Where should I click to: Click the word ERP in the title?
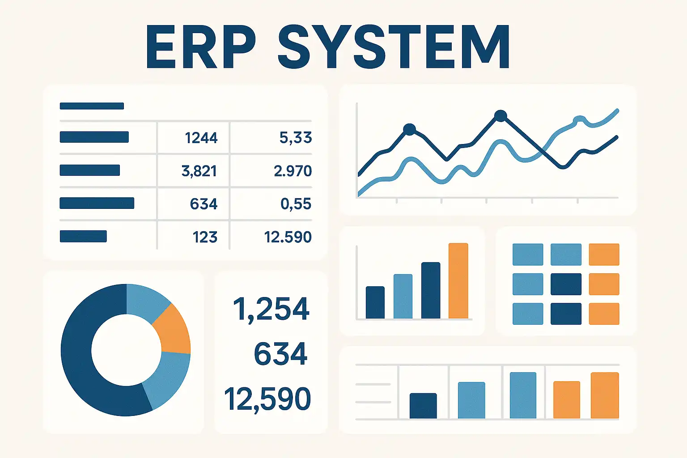tap(201, 47)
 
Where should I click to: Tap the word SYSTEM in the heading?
tap(394, 47)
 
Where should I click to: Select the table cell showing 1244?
tap(201, 138)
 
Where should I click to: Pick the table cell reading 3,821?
tap(199, 171)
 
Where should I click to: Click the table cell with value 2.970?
tap(293, 171)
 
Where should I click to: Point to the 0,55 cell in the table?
tap(296, 204)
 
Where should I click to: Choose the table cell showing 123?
tap(205, 237)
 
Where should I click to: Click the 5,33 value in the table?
tap(296, 138)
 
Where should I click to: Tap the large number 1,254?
tap(271, 309)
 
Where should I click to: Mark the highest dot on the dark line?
tap(500, 116)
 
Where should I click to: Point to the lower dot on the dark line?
tap(409, 130)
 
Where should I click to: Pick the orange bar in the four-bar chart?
tap(458, 281)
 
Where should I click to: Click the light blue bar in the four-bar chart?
tap(403, 296)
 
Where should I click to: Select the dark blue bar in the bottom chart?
tap(423, 406)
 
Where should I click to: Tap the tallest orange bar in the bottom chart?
tap(605, 395)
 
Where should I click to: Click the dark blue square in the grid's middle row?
tap(566, 284)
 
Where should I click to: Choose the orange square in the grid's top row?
tap(604, 254)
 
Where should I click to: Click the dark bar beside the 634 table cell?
tap(97, 203)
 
